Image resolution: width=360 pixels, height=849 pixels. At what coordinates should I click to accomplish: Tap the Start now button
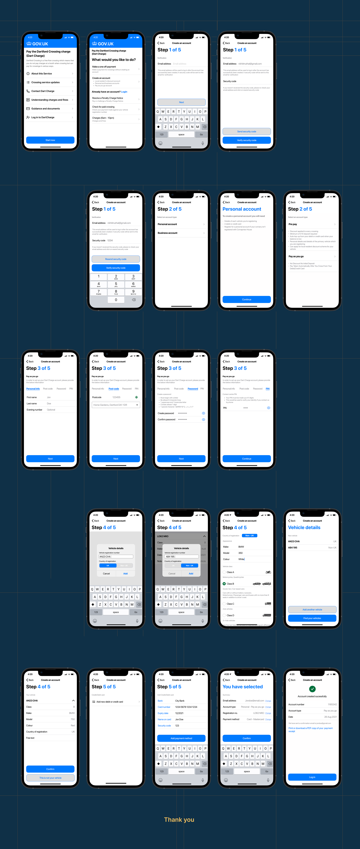[50, 140]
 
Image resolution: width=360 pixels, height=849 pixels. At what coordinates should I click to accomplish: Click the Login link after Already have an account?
[124, 92]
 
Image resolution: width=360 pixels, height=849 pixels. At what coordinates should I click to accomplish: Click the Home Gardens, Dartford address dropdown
[116, 405]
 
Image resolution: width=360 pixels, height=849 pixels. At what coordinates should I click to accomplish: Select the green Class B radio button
[224, 584]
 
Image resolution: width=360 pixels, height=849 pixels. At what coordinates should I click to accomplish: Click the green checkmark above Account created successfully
[312, 689]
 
